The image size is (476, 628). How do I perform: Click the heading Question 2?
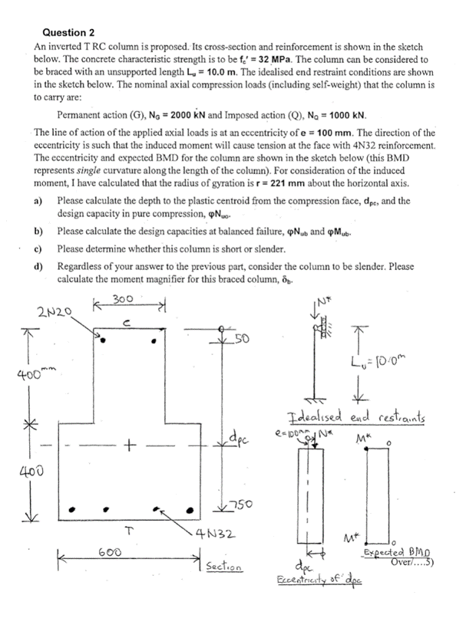click(68, 32)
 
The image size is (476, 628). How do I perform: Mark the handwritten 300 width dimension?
click(124, 298)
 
